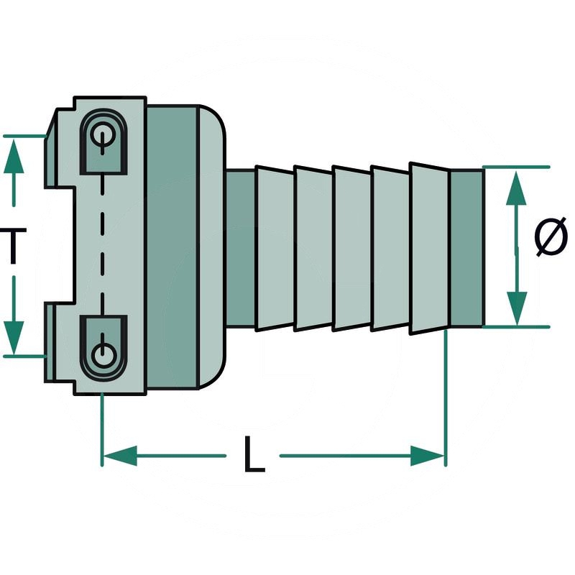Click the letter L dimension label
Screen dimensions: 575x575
253,455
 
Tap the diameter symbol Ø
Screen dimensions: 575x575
551,238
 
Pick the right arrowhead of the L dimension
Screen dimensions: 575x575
428,455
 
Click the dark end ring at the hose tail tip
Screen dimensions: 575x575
466,247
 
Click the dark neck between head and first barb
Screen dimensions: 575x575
241,247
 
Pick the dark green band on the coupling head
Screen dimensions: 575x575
172,247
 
